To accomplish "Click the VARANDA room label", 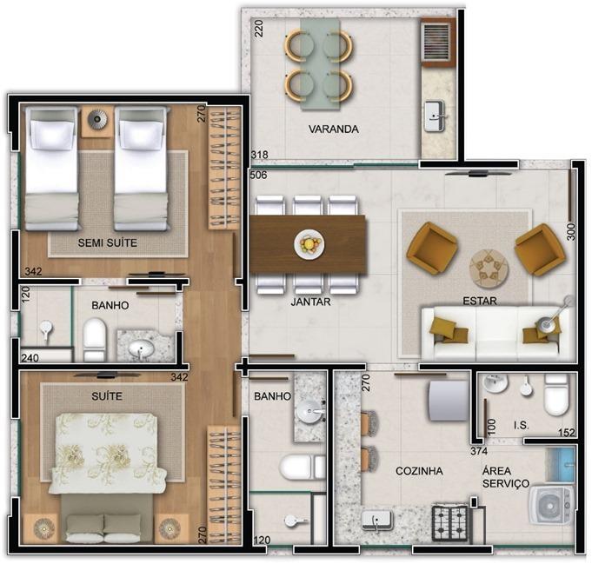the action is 333,129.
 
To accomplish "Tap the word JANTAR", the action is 310,302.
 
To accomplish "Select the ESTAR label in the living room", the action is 480,301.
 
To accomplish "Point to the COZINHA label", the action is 419,471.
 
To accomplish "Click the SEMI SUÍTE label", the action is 108,242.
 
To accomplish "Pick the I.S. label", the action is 522,426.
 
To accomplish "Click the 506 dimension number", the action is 259,176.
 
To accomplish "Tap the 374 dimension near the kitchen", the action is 479,451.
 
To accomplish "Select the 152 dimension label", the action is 566,432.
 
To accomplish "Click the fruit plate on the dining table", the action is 309,244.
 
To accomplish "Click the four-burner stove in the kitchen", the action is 449,522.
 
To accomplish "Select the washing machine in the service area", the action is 551,505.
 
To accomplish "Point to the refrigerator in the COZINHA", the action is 448,401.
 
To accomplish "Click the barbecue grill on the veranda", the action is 436,43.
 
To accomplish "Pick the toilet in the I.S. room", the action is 555,395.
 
